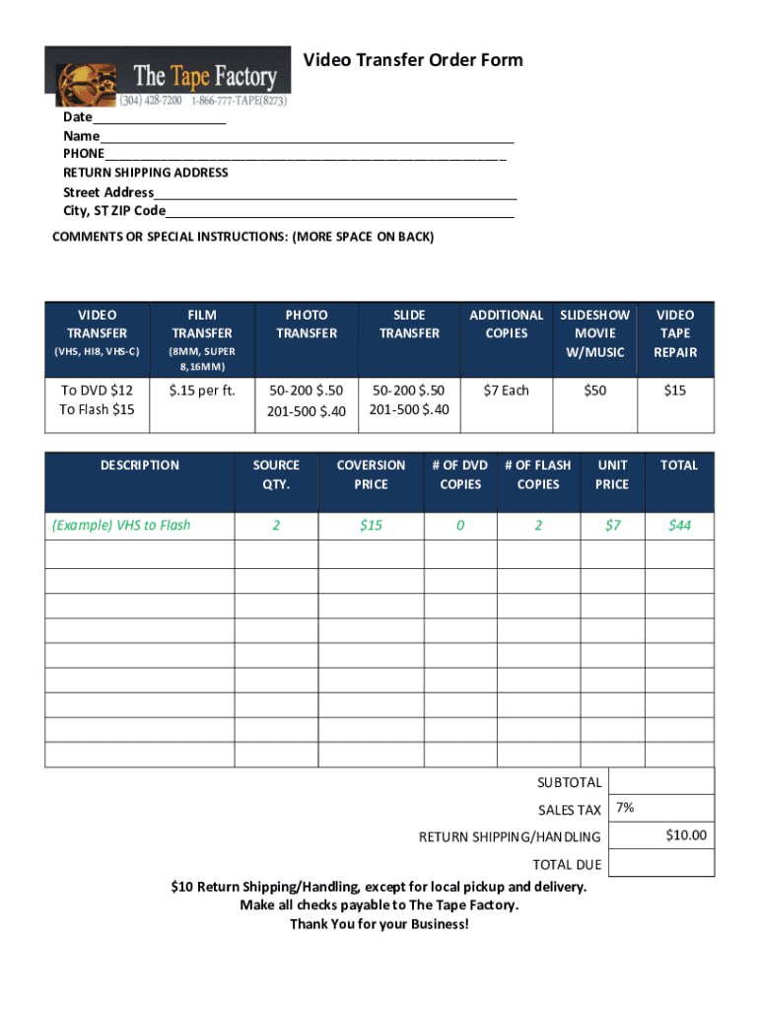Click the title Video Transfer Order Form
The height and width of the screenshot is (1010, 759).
413,61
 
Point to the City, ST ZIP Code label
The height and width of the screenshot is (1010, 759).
114,211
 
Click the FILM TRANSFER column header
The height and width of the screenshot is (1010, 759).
202,324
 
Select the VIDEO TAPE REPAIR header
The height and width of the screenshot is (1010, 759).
675,333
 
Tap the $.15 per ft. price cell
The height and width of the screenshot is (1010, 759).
202,391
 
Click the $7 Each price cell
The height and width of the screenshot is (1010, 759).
507,391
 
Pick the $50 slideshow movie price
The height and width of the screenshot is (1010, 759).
594,391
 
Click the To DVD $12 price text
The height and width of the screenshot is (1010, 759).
97,391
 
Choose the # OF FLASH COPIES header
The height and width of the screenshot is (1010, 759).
538,474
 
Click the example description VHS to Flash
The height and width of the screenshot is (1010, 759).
121,525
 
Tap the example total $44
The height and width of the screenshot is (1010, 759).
679,525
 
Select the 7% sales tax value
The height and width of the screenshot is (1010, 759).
625,808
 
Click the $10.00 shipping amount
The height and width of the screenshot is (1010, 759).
686,835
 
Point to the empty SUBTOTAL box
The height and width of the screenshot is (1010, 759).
661,781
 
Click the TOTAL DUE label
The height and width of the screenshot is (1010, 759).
567,865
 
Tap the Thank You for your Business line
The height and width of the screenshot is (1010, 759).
379,924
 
